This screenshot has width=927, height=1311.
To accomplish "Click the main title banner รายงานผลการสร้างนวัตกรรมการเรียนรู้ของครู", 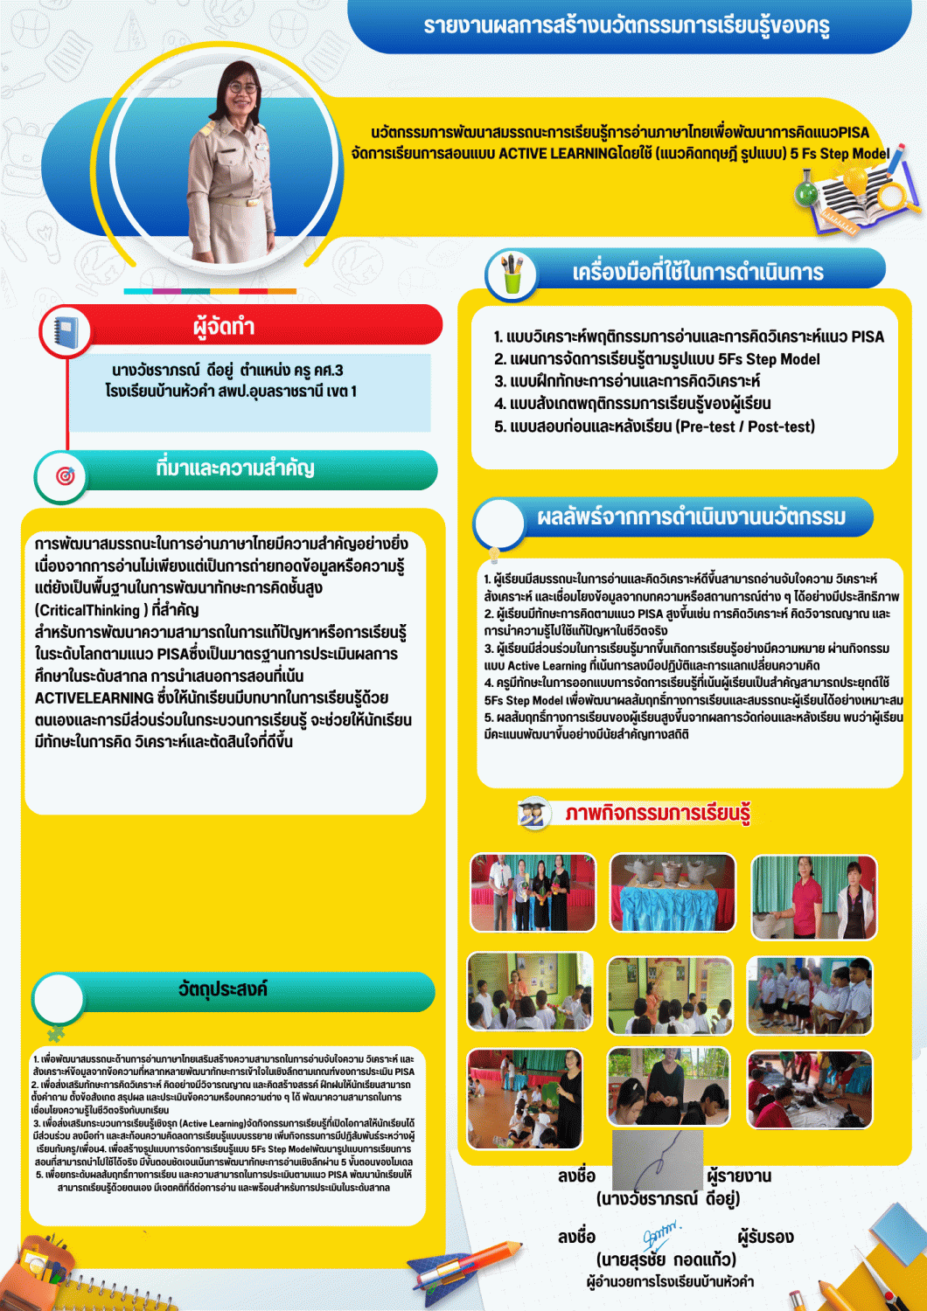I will click(626, 26).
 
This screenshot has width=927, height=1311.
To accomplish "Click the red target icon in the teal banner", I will click(65, 476).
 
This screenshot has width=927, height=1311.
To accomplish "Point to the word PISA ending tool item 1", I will click(867, 337).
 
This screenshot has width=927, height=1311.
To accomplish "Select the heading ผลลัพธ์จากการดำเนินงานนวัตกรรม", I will click(691, 517).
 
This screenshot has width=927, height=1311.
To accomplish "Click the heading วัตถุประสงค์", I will click(222, 989).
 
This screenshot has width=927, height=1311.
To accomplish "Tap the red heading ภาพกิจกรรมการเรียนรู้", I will click(657, 813).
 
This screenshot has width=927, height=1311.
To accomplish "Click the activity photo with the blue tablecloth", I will click(673, 892).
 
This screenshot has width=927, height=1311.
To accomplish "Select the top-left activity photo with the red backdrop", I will click(533, 892).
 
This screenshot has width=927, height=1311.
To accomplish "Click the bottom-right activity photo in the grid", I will click(810, 1089).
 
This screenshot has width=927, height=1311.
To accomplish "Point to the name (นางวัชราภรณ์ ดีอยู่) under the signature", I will click(667, 1198).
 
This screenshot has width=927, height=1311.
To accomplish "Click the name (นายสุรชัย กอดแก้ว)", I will click(666, 1259).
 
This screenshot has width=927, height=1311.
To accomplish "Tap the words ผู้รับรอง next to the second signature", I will click(765, 1237).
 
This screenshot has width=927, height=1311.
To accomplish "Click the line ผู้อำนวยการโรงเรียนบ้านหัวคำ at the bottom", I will click(670, 1281).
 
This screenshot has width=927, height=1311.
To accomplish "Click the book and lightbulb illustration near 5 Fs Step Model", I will click(853, 197).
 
